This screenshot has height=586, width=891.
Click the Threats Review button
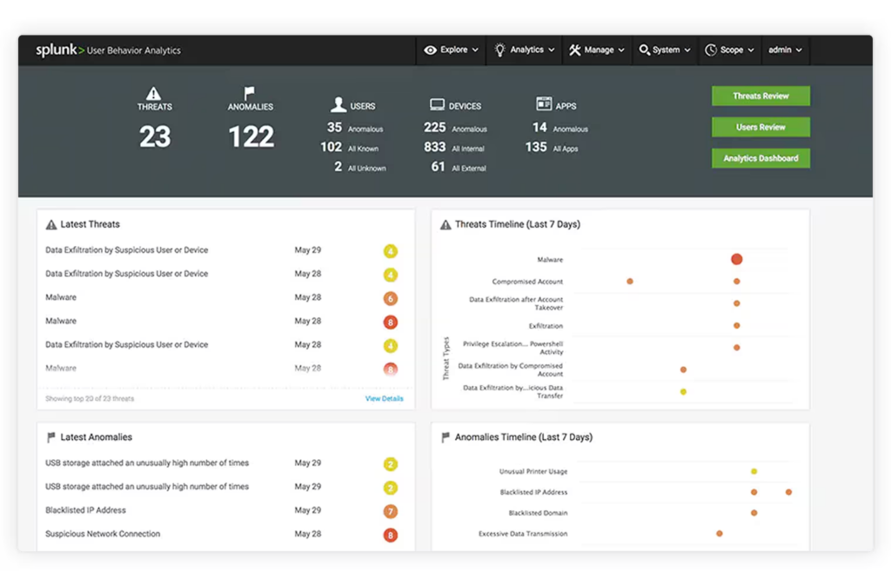[x=760, y=96]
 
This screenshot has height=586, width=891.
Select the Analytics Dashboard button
[x=760, y=158]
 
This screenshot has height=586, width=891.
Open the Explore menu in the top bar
[x=452, y=50]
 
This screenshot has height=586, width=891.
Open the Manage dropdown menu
[x=597, y=50]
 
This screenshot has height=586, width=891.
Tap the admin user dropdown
[x=785, y=50]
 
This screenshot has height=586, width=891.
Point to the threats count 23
[x=155, y=137]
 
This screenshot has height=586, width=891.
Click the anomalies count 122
[x=251, y=137]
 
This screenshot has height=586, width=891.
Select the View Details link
[x=384, y=399]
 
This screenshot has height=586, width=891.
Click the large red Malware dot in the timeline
[x=736, y=259]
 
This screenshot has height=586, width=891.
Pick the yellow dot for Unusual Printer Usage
[x=754, y=471]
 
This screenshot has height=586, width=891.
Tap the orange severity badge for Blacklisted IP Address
[x=391, y=511]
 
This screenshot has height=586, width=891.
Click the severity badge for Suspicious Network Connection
[x=391, y=535]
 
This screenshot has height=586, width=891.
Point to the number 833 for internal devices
[x=435, y=148]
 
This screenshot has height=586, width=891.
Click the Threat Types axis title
[x=446, y=358]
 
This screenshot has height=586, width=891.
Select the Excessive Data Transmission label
[x=523, y=534]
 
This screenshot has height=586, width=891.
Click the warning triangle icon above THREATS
[x=154, y=93]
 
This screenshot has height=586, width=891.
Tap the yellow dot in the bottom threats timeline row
[x=683, y=391]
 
